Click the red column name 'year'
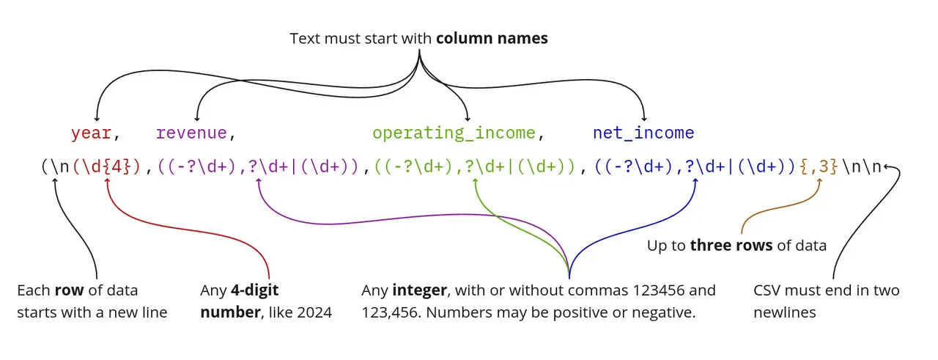tap(92, 133)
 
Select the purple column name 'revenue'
tap(191, 133)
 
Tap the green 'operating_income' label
tap(454, 133)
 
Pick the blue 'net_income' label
tap(643, 133)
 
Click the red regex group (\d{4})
tap(107, 166)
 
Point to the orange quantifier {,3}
tap(819, 166)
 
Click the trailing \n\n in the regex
tap(862, 166)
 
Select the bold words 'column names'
tap(492, 39)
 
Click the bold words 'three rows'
tap(731, 245)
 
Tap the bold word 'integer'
tap(420, 290)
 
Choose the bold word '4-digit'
tap(254, 290)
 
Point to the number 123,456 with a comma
tap(388, 312)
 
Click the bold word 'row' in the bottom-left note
tap(69, 290)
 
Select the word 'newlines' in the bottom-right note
tap(785, 312)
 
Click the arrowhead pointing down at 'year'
tap(97, 119)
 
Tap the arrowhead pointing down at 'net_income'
tap(644, 119)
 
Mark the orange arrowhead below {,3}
tap(819, 181)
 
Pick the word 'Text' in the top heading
tap(306, 39)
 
